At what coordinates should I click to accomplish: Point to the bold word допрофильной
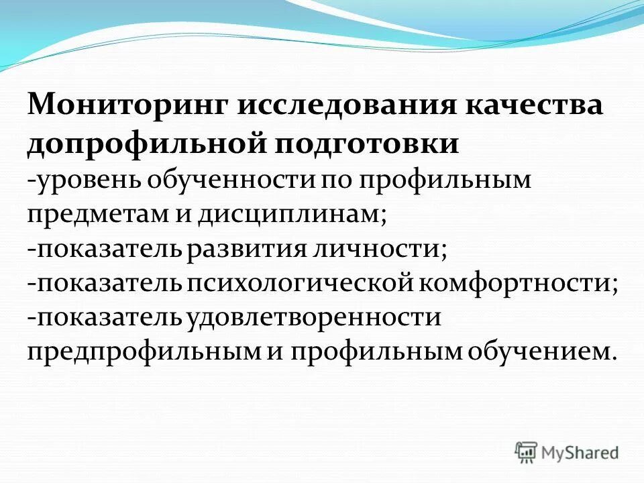point(138,144)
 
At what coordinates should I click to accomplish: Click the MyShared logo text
point(580,452)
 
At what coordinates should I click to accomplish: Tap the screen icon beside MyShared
point(527,451)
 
